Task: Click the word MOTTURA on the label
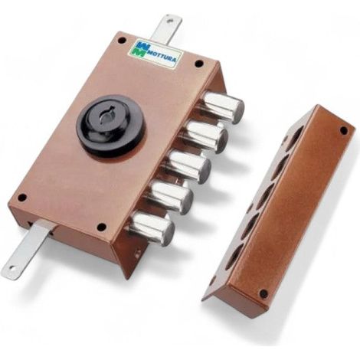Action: tap(162, 57)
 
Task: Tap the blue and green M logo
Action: tap(141, 47)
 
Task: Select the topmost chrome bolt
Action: tap(224, 107)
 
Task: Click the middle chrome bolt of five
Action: tap(189, 167)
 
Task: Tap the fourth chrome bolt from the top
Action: tap(171, 198)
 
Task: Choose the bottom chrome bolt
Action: tap(153, 228)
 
